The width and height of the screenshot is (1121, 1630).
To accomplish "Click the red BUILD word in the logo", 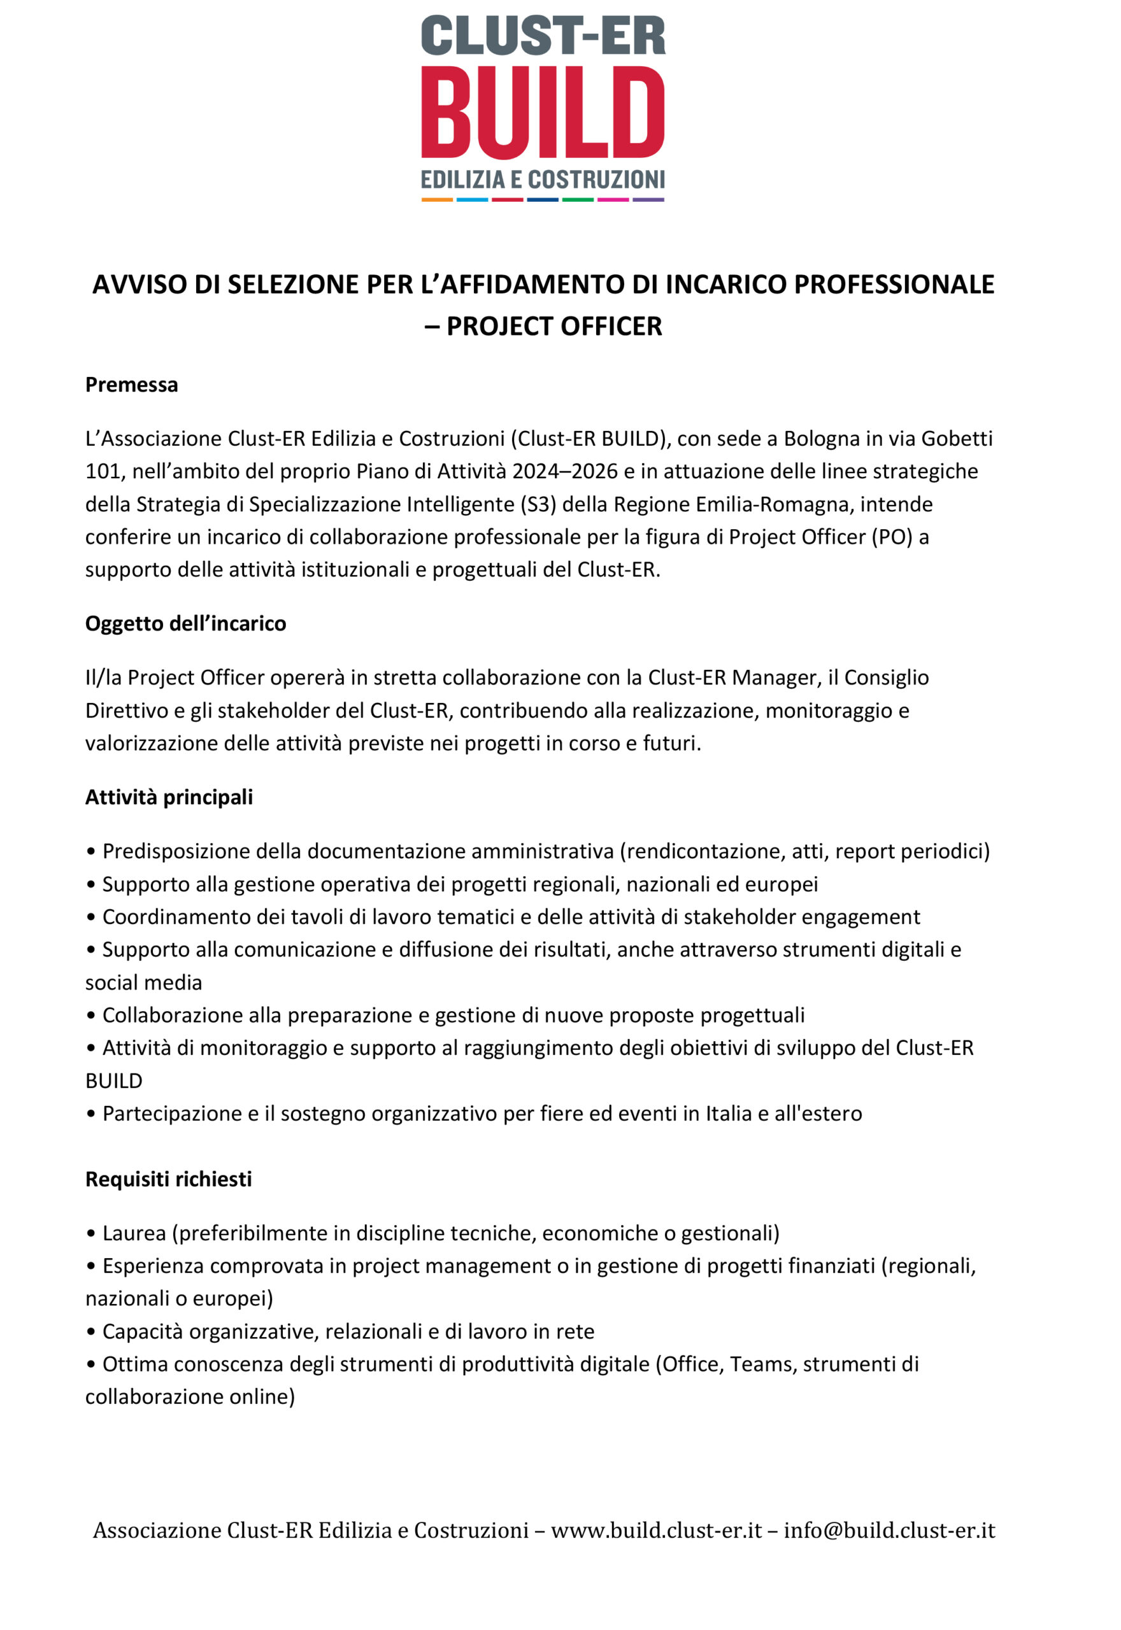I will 542,112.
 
